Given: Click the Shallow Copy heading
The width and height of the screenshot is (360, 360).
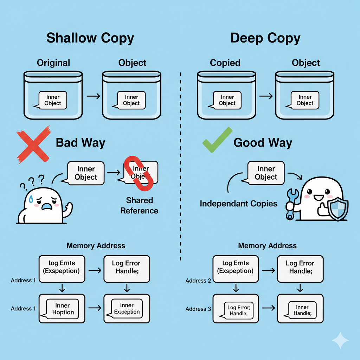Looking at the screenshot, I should point(90,38).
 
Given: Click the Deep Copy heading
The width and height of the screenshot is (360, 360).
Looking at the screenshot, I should point(265,38).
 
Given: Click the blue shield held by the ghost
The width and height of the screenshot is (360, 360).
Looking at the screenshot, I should point(337,210).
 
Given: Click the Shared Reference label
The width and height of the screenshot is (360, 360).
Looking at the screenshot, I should point(139,206).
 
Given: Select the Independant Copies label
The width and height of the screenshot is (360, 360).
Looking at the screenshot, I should point(239,204).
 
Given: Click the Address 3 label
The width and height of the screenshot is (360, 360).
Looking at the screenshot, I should point(198,309).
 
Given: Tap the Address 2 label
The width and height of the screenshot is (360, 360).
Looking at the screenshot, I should point(198,281).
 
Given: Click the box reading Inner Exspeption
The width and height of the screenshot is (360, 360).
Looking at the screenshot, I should point(127,309).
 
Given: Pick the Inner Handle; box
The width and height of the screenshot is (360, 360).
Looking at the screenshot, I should point(301,309).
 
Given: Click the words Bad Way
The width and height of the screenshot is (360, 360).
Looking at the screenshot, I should point(81,143).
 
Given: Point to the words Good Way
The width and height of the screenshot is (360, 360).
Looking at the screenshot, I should point(263,143).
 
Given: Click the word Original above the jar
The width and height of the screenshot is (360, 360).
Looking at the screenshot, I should point(53,63).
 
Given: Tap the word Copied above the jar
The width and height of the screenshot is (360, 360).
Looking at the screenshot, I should point(225,63).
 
